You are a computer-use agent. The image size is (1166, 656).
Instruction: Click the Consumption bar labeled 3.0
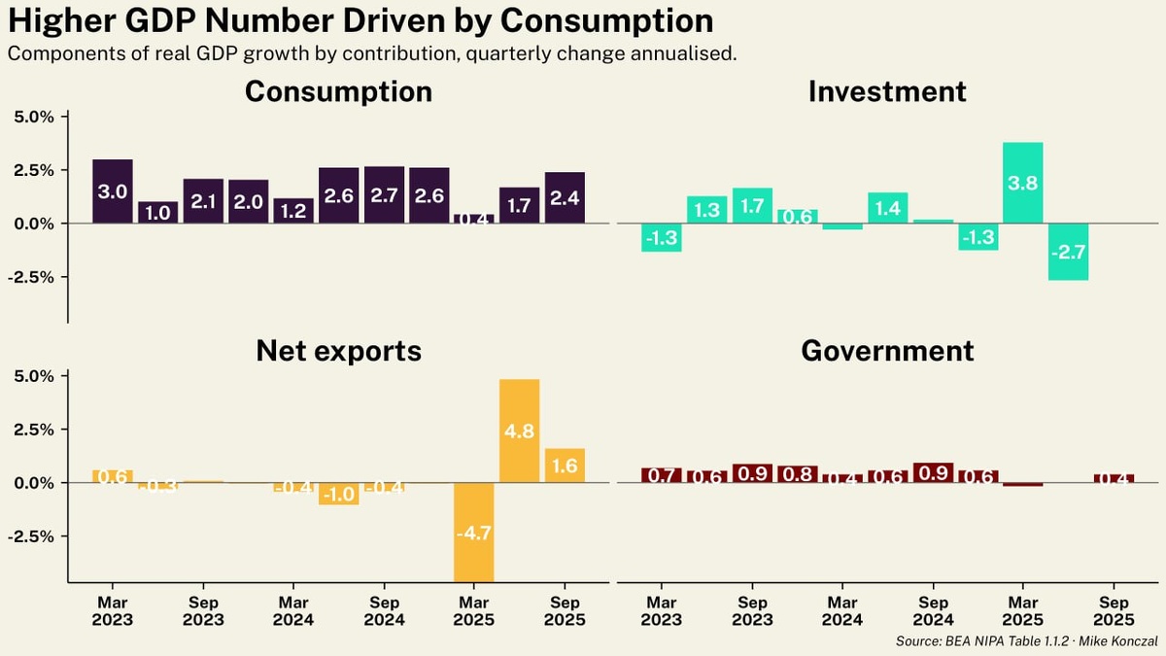click(x=113, y=191)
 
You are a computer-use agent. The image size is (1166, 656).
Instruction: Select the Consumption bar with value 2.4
click(x=565, y=198)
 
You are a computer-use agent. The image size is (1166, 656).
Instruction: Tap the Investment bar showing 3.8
click(x=1022, y=183)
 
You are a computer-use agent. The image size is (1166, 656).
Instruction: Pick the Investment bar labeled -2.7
click(x=1068, y=252)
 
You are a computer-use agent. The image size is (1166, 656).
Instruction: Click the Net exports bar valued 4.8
click(x=519, y=431)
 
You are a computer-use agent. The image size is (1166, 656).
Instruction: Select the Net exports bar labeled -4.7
click(x=474, y=532)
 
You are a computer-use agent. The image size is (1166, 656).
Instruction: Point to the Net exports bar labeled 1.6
click(x=565, y=466)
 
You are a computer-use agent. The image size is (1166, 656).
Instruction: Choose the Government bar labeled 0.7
click(x=662, y=475)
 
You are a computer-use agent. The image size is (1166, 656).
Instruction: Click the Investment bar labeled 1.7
click(x=752, y=206)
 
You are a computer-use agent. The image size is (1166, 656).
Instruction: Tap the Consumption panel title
click(x=338, y=91)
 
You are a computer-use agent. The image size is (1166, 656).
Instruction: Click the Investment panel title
click(x=887, y=91)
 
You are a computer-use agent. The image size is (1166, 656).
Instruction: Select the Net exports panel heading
click(x=338, y=350)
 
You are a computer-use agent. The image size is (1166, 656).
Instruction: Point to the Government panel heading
click(x=887, y=350)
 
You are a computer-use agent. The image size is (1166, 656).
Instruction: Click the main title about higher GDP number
click(x=360, y=20)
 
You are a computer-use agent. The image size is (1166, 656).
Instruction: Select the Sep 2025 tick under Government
click(x=1114, y=610)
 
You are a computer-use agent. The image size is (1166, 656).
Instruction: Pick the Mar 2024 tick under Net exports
click(x=293, y=610)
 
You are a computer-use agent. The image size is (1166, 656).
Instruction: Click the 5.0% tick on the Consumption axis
click(x=36, y=117)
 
